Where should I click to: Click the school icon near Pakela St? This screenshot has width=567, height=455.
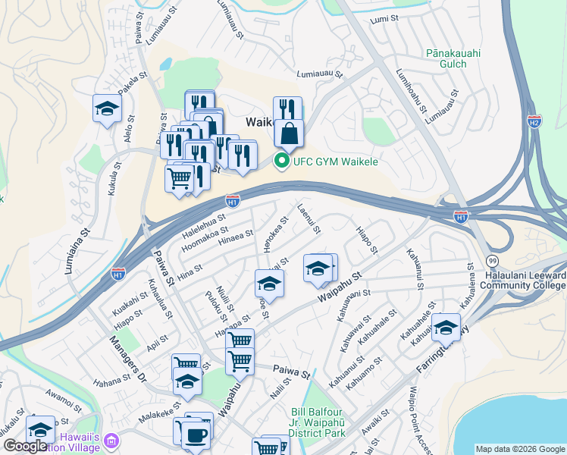tap(108, 108)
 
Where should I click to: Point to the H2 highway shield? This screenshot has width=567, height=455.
tap(534, 121)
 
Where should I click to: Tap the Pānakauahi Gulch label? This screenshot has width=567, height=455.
tap(453, 59)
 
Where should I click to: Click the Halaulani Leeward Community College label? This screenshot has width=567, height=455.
tap(528, 280)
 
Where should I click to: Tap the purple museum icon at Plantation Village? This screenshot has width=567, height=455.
tap(112, 440)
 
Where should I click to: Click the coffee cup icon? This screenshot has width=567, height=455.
tap(196, 435)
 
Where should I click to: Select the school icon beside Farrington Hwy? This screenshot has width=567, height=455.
tap(446, 327)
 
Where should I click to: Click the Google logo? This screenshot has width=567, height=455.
tap(25, 446)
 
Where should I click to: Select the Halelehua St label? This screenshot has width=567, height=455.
tap(205, 224)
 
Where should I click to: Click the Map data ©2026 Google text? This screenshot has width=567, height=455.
tap(519, 449)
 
